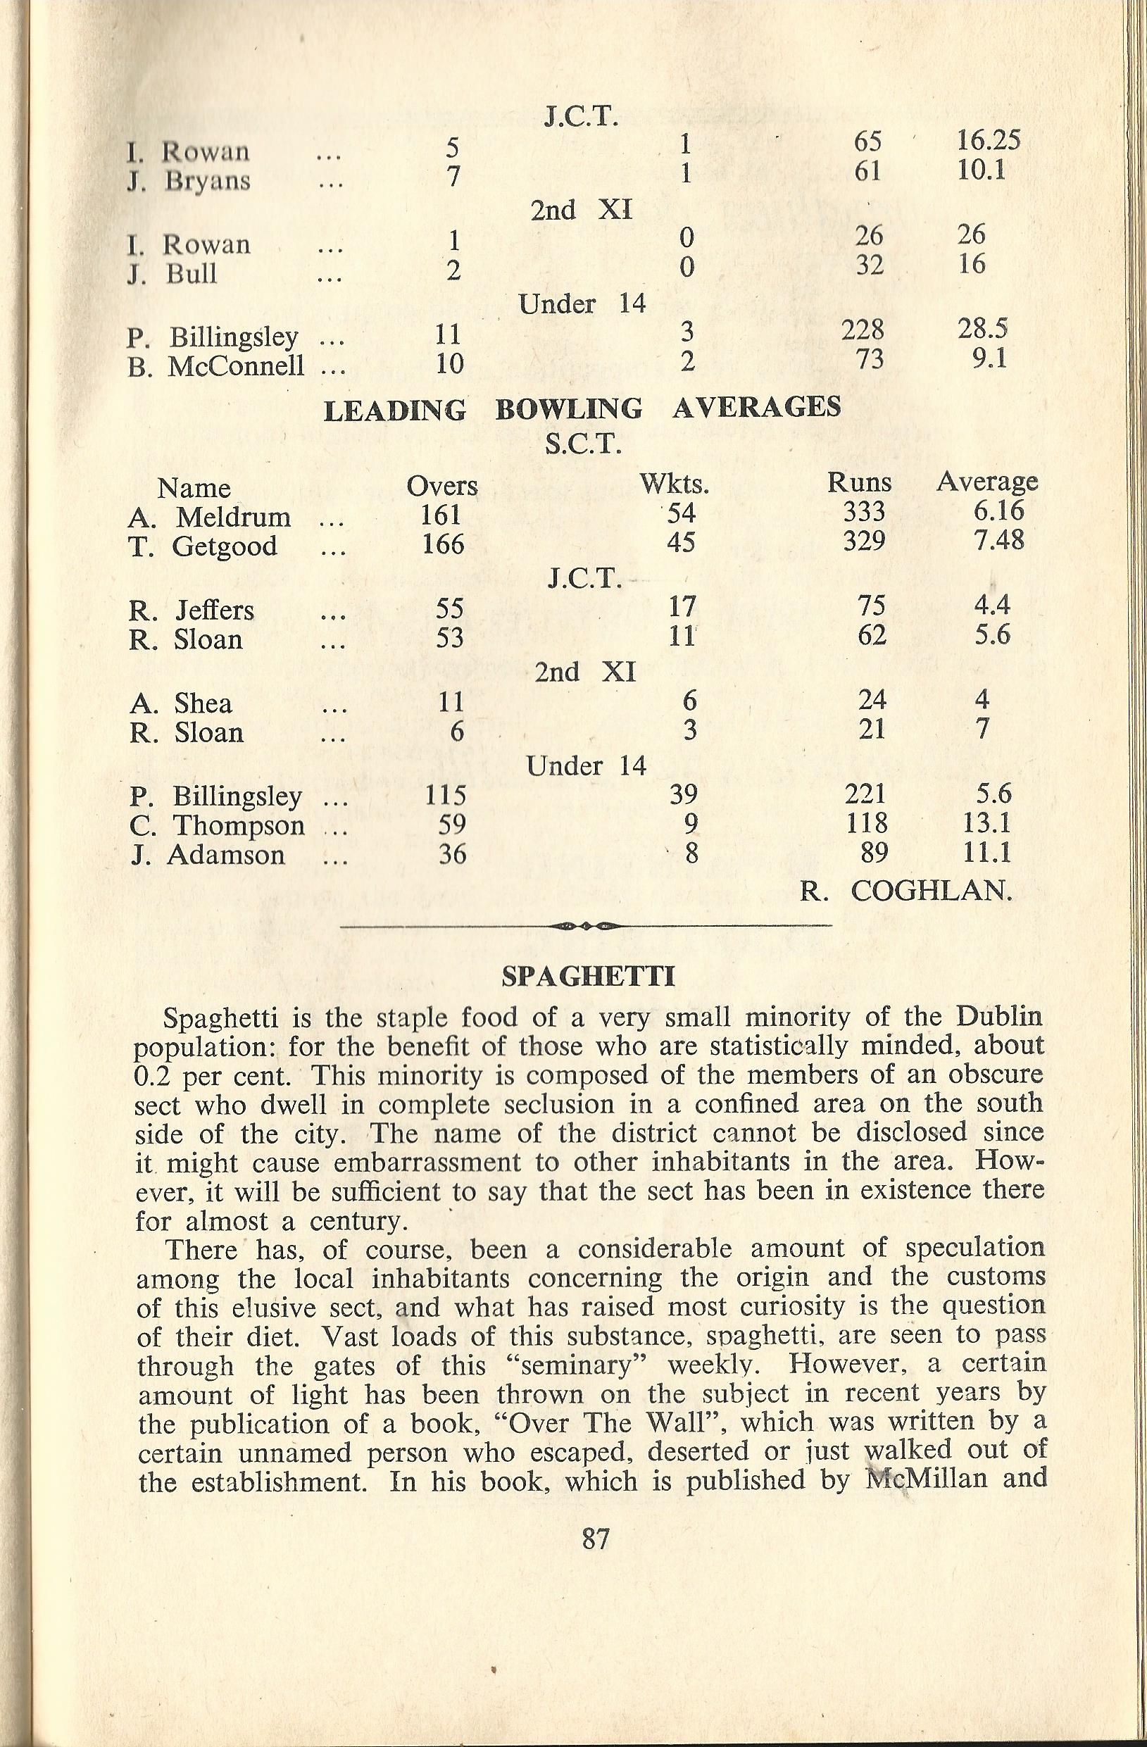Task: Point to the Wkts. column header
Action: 674,484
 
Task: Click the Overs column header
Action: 441,486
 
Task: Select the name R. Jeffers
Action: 192,610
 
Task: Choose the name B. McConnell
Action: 215,365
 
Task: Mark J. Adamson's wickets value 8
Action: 689,854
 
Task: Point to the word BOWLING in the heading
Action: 569,409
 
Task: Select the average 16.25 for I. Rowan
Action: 989,140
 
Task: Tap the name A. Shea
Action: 180,703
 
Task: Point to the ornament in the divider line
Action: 586,927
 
